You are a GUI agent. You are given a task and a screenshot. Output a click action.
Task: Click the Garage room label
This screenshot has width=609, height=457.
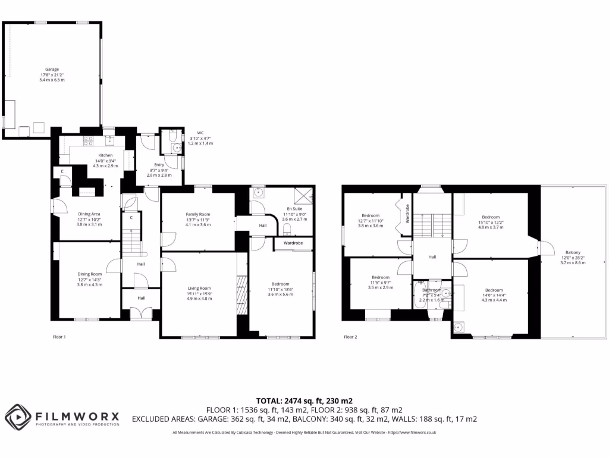click(x=52, y=69)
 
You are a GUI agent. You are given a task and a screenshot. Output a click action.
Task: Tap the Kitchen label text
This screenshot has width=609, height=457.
click(x=105, y=155)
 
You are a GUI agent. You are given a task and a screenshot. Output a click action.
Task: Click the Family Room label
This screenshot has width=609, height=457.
click(x=198, y=214)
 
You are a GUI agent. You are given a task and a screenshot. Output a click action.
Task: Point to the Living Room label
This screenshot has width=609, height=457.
click(x=198, y=288)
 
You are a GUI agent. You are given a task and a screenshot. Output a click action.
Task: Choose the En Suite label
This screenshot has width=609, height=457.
click(x=294, y=209)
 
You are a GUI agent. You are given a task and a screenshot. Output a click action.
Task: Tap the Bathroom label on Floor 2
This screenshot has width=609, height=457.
click(x=432, y=290)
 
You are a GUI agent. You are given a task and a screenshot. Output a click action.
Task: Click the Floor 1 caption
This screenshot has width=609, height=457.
click(x=59, y=337)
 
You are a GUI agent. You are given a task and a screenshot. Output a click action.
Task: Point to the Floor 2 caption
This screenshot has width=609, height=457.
click(x=351, y=337)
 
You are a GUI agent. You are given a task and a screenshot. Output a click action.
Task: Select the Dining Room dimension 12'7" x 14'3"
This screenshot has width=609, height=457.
click(x=90, y=279)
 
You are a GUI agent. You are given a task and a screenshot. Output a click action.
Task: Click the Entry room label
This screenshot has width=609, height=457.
click(x=158, y=165)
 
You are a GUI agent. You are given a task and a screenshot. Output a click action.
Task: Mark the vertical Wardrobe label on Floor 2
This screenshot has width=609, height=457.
click(x=407, y=213)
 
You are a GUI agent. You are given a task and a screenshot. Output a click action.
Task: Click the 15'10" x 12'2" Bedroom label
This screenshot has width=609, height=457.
click(x=491, y=217)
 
